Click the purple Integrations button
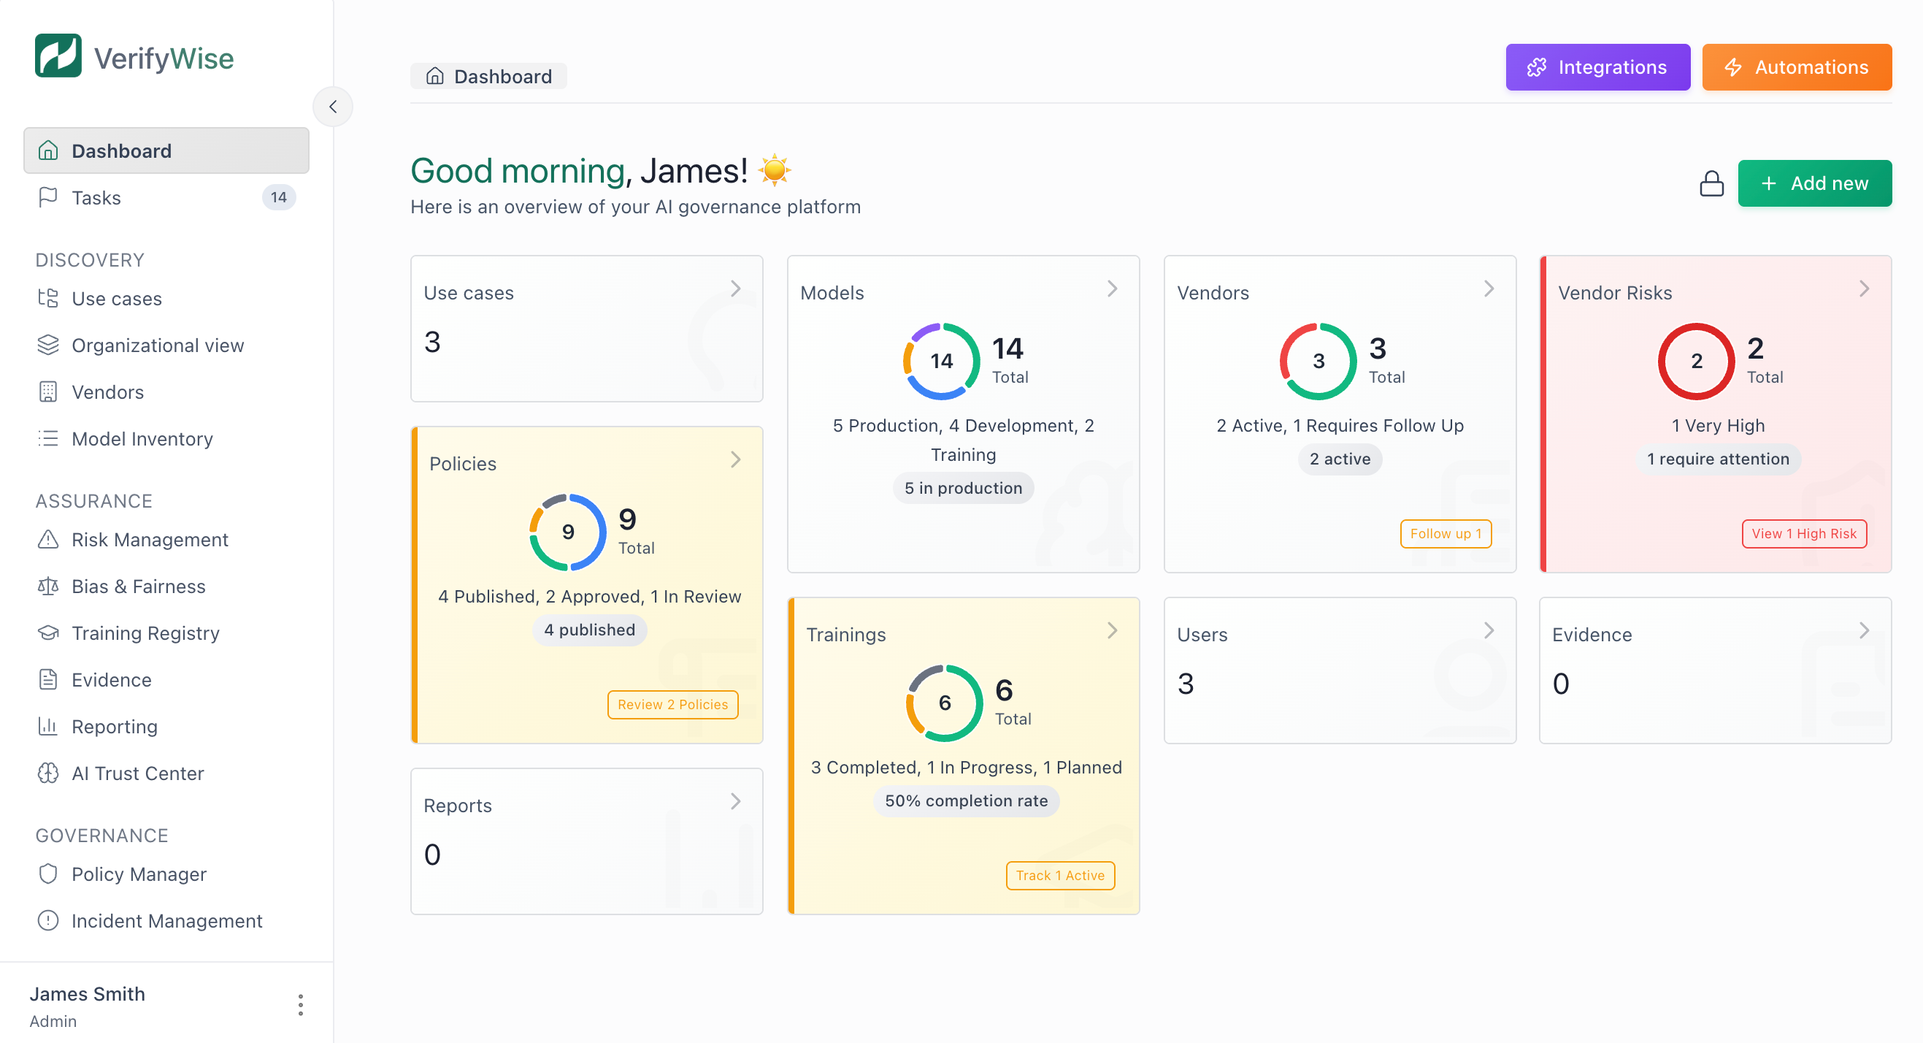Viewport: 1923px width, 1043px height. (x=1597, y=67)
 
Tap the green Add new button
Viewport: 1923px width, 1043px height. (x=1814, y=183)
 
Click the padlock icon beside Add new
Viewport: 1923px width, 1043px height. (x=1711, y=183)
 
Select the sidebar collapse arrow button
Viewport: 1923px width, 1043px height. (x=333, y=107)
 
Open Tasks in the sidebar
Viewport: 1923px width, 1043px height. (x=96, y=198)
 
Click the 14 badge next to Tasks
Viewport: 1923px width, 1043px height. (x=278, y=198)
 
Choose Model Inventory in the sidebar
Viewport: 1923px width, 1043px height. (x=142, y=439)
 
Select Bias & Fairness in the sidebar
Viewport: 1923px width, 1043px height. (x=138, y=587)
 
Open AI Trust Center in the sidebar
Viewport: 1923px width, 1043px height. (x=137, y=773)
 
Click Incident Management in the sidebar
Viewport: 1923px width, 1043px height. (x=166, y=921)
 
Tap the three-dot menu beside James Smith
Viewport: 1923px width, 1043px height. (x=300, y=1005)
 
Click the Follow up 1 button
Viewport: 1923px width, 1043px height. (x=1446, y=534)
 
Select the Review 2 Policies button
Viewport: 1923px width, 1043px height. (x=672, y=705)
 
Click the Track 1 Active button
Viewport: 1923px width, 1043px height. (x=1059, y=876)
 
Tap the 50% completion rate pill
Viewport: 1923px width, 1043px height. (x=966, y=801)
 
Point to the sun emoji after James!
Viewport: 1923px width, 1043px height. (x=774, y=170)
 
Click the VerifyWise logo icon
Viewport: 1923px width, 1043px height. (x=58, y=56)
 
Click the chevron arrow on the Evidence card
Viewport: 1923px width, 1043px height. (x=1863, y=631)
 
